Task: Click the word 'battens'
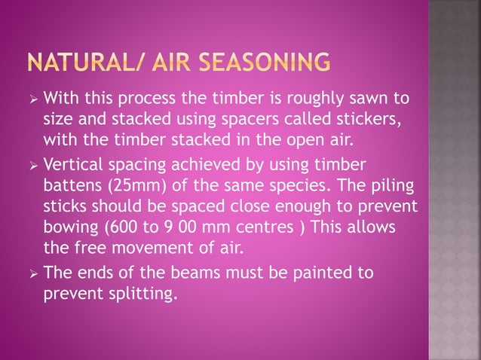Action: tap(72, 187)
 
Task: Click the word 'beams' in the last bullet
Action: tap(180, 274)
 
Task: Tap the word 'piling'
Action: tap(384, 187)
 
